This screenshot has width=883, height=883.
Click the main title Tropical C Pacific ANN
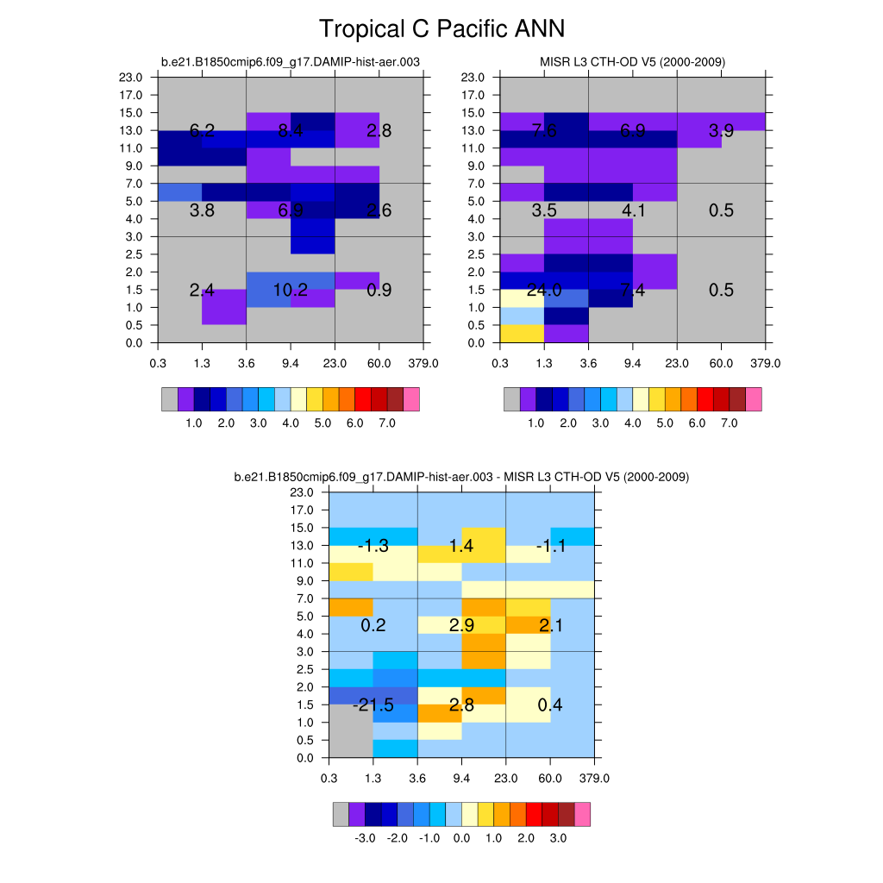pos(441,29)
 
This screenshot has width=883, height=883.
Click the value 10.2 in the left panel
pos(291,291)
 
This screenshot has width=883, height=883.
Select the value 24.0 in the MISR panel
pos(545,291)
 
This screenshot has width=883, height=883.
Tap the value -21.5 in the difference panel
pos(373,706)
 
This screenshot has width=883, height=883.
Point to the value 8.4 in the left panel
pos(291,131)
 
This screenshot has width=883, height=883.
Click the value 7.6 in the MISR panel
pos(544,131)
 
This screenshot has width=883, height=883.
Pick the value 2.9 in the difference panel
pos(462,626)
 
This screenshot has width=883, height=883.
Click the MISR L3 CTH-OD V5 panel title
pos(632,62)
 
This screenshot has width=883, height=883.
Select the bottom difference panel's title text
pos(461,477)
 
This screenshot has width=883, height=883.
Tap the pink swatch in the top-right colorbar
pos(754,399)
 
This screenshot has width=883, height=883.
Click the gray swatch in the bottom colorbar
pos(341,814)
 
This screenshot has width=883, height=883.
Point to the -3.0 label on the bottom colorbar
pos(365,839)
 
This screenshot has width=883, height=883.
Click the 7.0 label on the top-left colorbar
pos(387,424)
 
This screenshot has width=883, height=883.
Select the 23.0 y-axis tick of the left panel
pos(132,78)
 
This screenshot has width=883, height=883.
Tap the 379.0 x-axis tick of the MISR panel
pos(766,364)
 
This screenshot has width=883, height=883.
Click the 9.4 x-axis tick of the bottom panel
pos(461,779)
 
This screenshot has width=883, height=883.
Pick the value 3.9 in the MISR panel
pos(721,131)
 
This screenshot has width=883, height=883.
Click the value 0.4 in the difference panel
pos(550,706)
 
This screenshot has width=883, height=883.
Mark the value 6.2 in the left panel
pos(202,131)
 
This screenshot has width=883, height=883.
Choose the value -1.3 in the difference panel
pos(373,546)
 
